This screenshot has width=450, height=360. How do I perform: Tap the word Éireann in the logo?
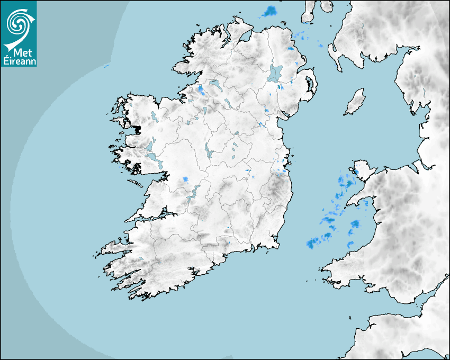point(19,61)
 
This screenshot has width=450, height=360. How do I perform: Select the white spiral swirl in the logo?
point(17,24)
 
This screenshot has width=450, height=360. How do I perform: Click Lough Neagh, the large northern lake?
point(276,73)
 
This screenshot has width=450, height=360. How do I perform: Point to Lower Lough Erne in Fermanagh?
point(215,84)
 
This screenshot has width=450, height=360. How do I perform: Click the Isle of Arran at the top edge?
point(309,12)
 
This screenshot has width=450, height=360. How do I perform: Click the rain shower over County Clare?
point(185,179)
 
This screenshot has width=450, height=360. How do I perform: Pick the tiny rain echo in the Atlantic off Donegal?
point(106,66)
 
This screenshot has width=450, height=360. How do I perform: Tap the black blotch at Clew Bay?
point(137,129)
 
